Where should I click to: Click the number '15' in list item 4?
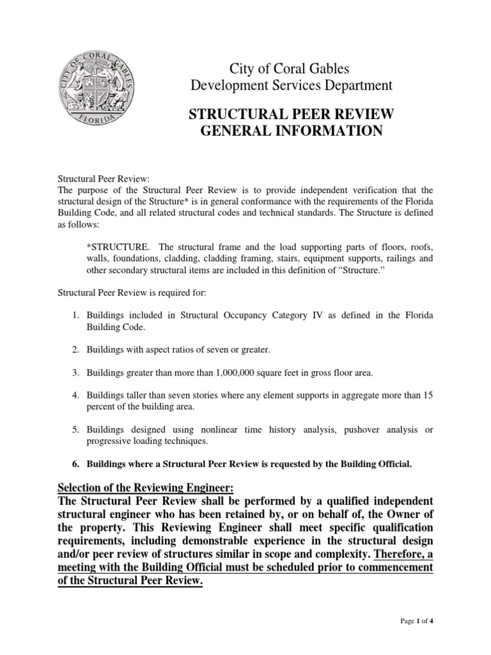pos(428,395)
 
